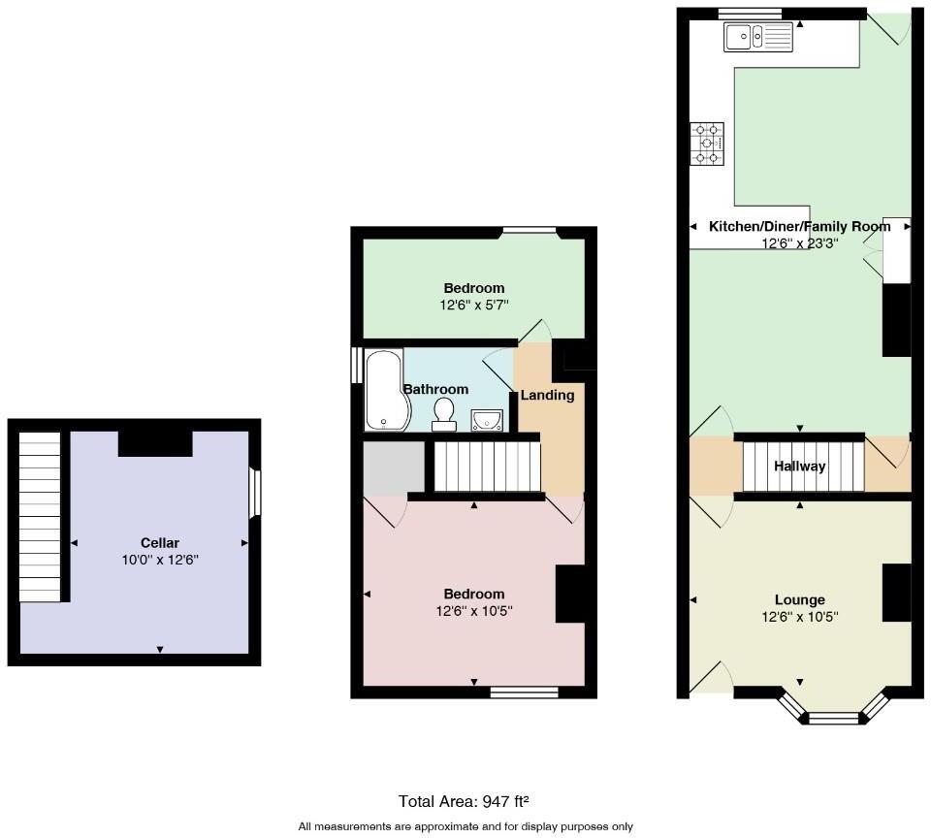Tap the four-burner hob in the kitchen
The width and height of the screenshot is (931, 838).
pos(707,144)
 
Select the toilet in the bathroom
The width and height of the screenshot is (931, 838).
pos(444,413)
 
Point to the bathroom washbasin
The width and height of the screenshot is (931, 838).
pos(487,419)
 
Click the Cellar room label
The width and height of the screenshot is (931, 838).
pos(160,543)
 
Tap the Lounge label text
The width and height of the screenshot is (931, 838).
pos(799,599)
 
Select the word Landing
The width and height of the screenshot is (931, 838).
pos(547,395)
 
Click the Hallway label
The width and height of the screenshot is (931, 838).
pos(800,467)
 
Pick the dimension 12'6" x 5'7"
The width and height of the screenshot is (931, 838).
pos(474,305)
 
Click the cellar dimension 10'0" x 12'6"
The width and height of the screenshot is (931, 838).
pos(160,560)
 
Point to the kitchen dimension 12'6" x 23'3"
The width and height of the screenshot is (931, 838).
pos(800,243)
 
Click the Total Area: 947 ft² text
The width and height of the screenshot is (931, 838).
pos(465,801)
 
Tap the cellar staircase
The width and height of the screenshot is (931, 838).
pos(40,516)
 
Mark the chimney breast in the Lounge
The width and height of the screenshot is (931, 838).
pos(896,591)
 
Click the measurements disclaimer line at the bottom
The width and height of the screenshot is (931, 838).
pos(465,826)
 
